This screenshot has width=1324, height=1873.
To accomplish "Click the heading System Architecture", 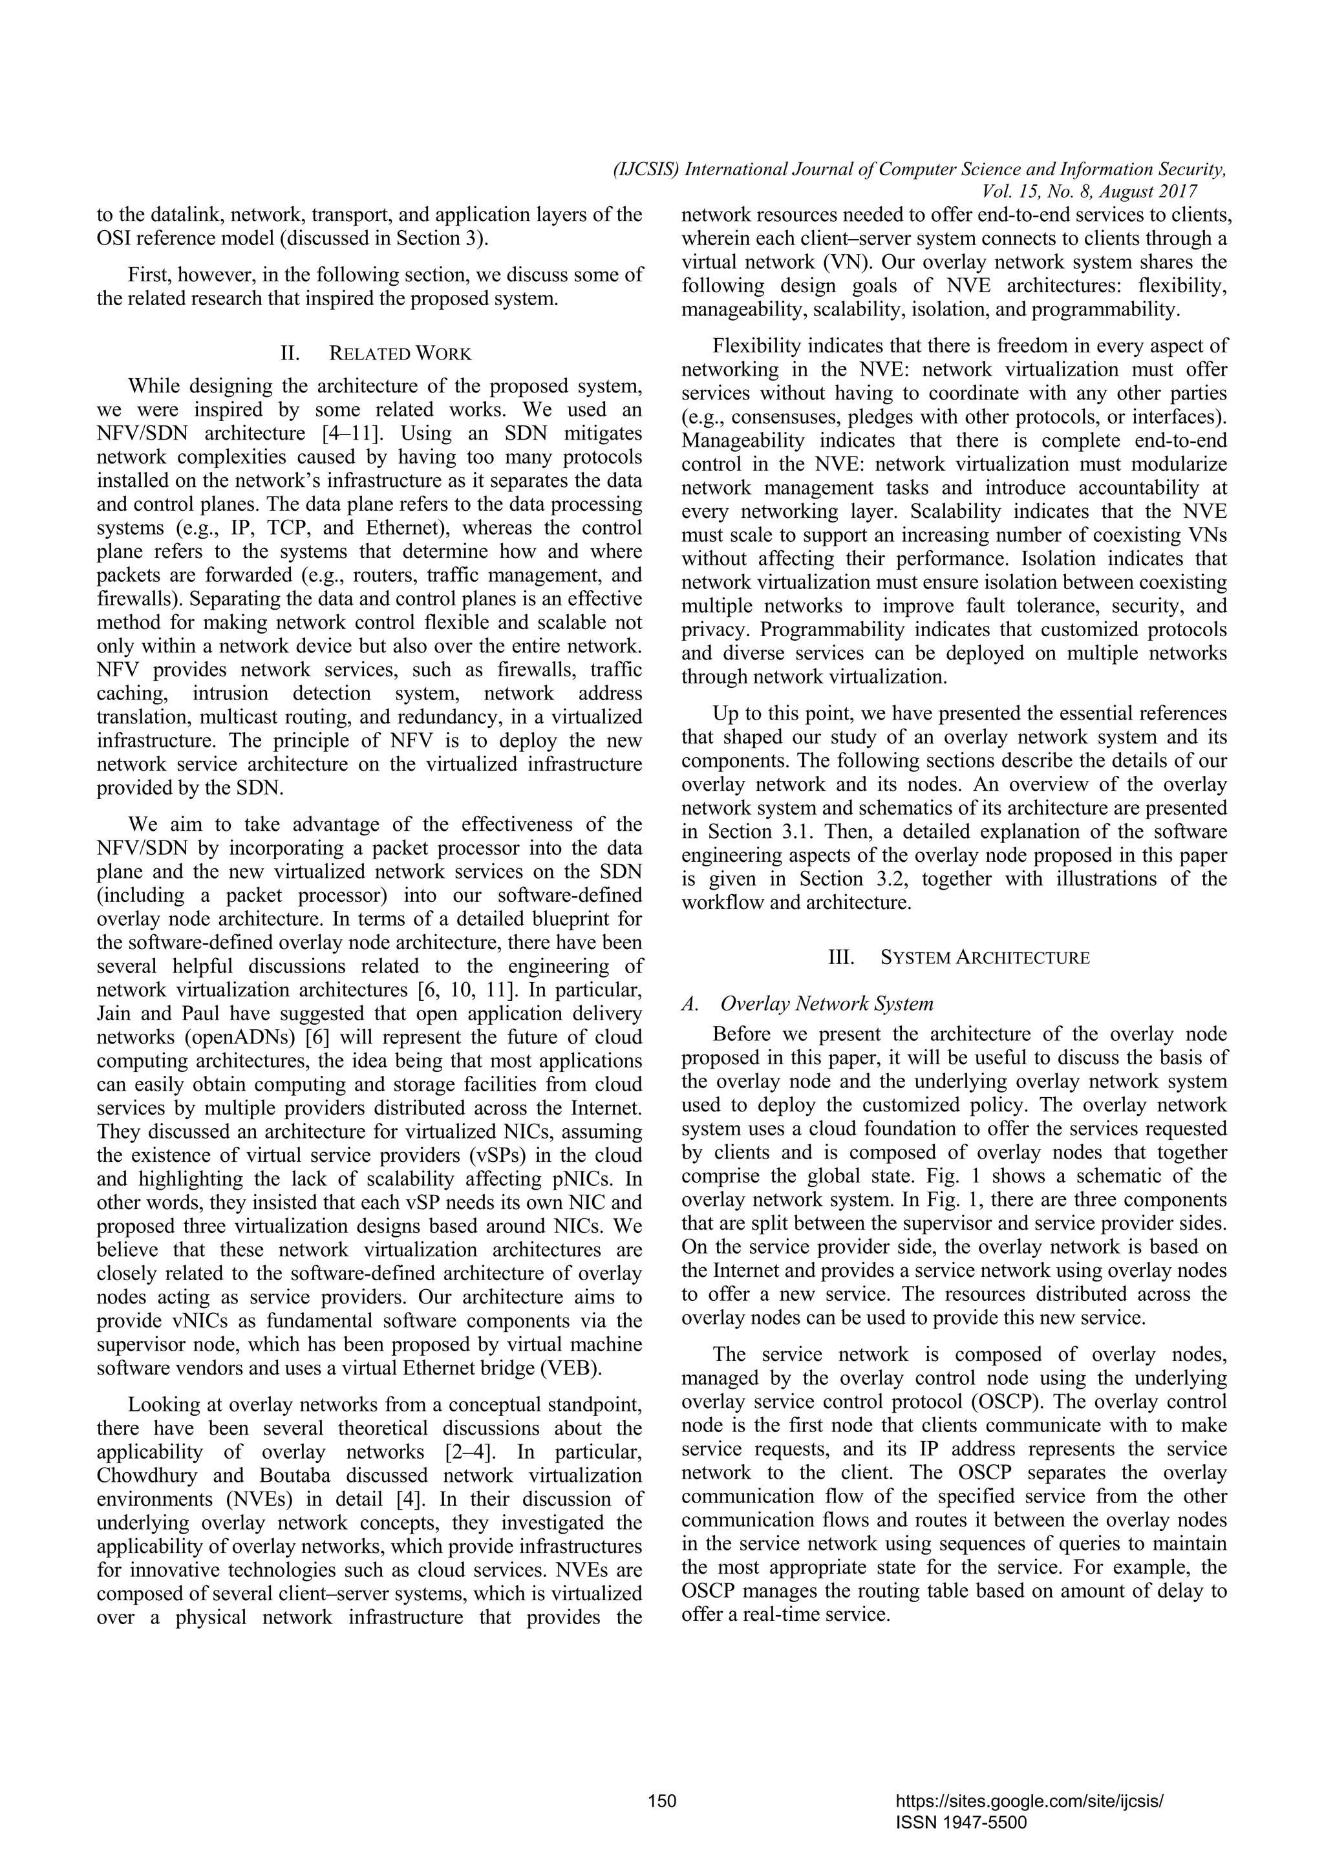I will point(985,957).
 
